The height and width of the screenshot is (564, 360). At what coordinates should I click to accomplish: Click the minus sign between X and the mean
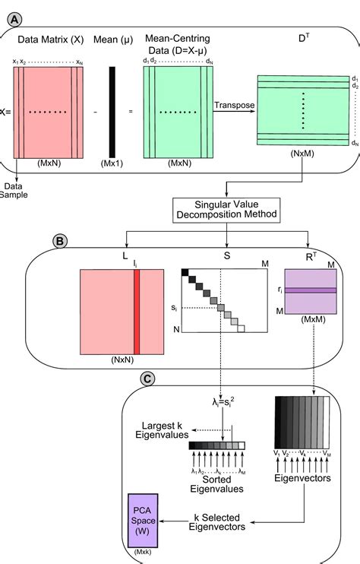click(x=95, y=112)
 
